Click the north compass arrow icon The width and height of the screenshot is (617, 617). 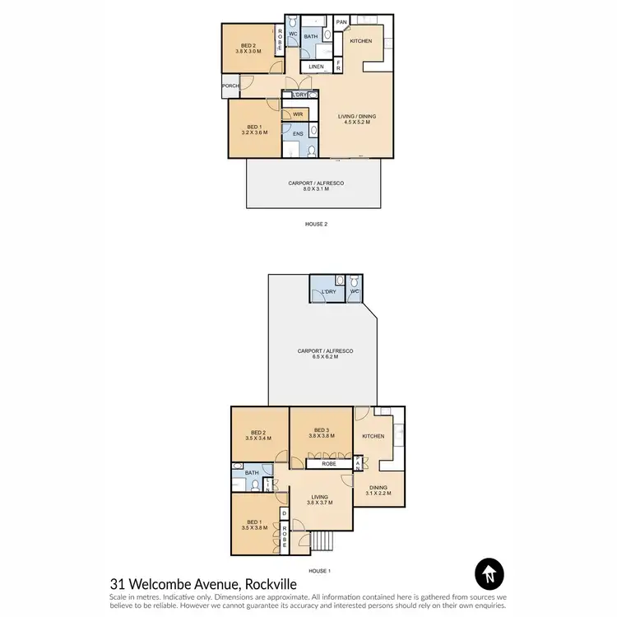pyautogui.click(x=489, y=573)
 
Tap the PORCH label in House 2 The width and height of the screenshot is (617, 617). pyautogui.click(x=230, y=86)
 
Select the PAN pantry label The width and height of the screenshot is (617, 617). pyautogui.click(x=341, y=22)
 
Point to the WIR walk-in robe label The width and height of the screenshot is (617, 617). pyautogui.click(x=298, y=114)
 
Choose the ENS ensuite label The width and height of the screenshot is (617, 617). pyautogui.click(x=297, y=133)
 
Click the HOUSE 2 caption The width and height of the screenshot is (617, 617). pyautogui.click(x=316, y=223)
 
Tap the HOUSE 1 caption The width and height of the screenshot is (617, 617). pyautogui.click(x=319, y=570)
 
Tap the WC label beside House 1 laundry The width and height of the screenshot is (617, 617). pyautogui.click(x=355, y=292)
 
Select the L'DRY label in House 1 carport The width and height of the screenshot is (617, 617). pyautogui.click(x=329, y=292)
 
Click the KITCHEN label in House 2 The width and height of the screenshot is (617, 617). pyautogui.click(x=361, y=40)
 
